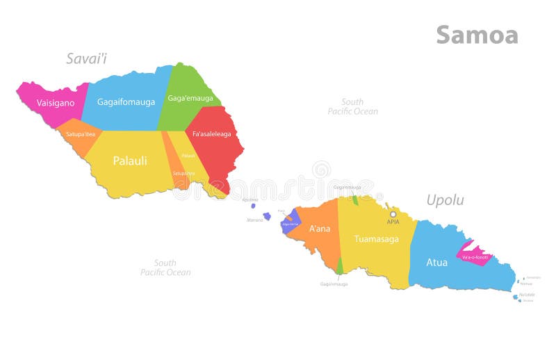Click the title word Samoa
pyautogui.click(x=477, y=35)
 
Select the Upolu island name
pyautogui.click(x=445, y=201)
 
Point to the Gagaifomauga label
pyautogui.click(x=126, y=102)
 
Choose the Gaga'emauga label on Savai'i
pyautogui.click(x=190, y=98)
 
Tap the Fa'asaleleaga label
pyautogui.click(x=211, y=134)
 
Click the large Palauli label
pyautogui.click(x=130, y=161)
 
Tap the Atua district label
pyautogui.click(x=436, y=263)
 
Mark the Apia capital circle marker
pyautogui.click(x=393, y=214)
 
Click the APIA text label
pyautogui.click(x=393, y=222)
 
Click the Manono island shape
pyautogui.click(x=267, y=216)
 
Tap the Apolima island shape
pyautogui.click(x=253, y=204)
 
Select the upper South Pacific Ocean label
pyautogui.click(x=353, y=106)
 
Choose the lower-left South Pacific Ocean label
pyautogui.click(x=165, y=268)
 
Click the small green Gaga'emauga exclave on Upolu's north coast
pyautogui.click(x=355, y=199)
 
